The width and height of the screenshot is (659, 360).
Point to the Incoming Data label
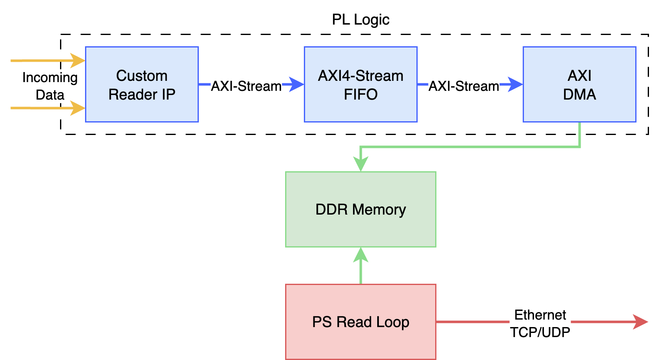coord(50,86)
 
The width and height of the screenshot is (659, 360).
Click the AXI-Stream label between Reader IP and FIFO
coord(246,86)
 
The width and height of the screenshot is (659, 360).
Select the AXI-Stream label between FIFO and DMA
coord(464,86)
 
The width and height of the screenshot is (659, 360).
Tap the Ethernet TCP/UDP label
coord(540,324)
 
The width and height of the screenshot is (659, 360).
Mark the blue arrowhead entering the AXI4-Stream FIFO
coord(297,84)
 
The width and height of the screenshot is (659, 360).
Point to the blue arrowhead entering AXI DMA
coord(516,84)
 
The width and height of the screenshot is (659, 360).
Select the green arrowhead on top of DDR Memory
coord(361,164)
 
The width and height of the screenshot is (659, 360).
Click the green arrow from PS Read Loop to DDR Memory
coord(361,267)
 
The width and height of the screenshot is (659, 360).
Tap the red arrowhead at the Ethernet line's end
coord(641,322)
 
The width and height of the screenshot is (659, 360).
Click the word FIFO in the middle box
coord(361,95)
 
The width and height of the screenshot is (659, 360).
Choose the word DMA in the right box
coord(579,95)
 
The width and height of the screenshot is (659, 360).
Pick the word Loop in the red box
coord(392,322)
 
